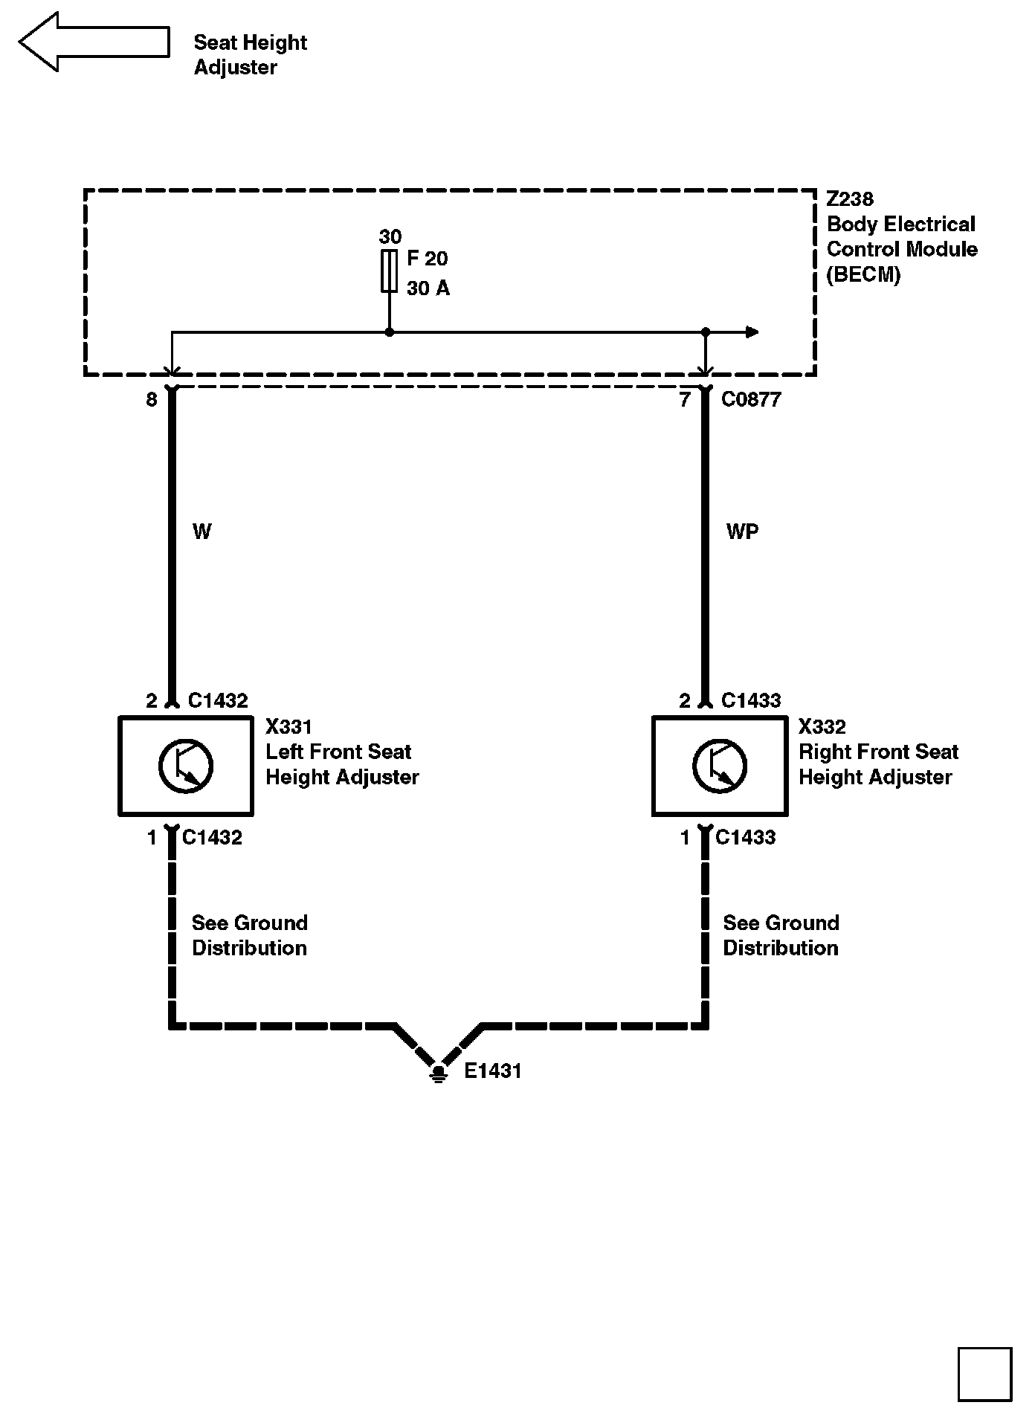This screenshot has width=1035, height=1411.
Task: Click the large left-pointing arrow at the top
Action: point(93,42)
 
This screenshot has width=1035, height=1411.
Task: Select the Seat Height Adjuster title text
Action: point(250,55)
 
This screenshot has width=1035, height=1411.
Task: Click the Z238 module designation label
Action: point(850,199)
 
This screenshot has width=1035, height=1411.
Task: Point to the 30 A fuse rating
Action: point(428,288)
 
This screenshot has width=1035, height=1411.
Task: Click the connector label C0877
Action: point(751,400)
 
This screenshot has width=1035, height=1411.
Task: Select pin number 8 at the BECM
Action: point(152,400)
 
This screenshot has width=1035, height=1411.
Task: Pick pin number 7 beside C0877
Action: point(685,400)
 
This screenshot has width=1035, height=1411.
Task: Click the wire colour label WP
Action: point(742,532)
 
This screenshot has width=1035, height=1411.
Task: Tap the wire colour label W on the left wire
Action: point(201,532)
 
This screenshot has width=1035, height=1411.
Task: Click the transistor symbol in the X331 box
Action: point(186,766)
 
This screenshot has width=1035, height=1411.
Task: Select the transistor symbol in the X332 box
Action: point(719,766)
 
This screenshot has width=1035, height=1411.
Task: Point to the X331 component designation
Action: point(289,726)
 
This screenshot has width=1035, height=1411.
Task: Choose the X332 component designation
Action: point(822,726)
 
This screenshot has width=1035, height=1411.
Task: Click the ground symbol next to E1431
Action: point(439,1073)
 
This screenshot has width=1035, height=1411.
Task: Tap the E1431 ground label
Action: point(493,1071)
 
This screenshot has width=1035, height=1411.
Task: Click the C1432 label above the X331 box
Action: point(218,700)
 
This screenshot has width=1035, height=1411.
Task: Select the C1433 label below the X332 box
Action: point(745,838)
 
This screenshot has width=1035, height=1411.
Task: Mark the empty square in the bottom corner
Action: point(984,1374)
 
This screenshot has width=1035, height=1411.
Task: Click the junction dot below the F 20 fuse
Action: point(389,332)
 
